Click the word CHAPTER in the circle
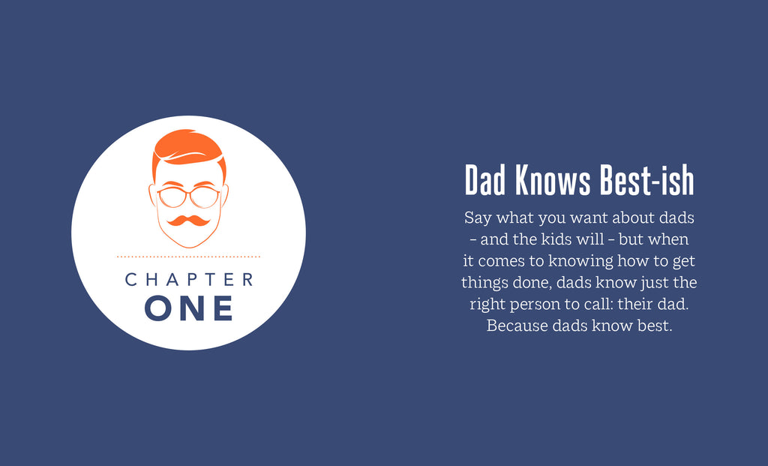tap(188, 280)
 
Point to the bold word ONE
tap(188, 308)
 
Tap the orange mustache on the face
tap(188, 221)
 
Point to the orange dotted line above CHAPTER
tap(188, 257)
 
